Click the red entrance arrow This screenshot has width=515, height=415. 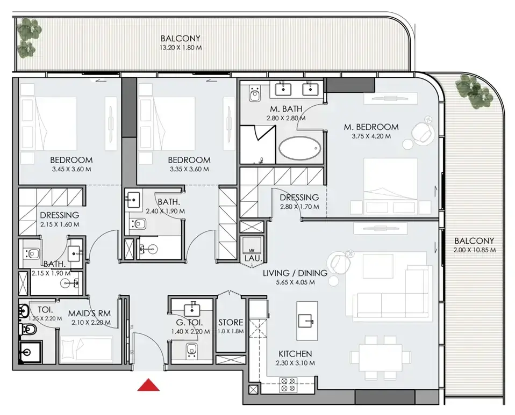(x=148, y=385)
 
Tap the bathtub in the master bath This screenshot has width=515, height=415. (x=300, y=148)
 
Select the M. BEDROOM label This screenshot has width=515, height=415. (x=371, y=127)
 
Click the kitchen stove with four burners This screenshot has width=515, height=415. (x=288, y=385)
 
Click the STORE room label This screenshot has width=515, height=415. (x=231, y=323)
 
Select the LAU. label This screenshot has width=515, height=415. (x=253, y=259)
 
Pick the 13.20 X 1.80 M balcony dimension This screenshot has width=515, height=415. (x=181, y=48)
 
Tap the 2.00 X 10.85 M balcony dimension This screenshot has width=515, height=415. (x=475, y=250)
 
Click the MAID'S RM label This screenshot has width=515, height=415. (x=89, y=314)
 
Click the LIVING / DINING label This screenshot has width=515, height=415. (x=295, y=273)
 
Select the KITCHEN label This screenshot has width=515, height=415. (x=295, y=354)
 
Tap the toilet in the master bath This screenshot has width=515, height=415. (x=254, y=93)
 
